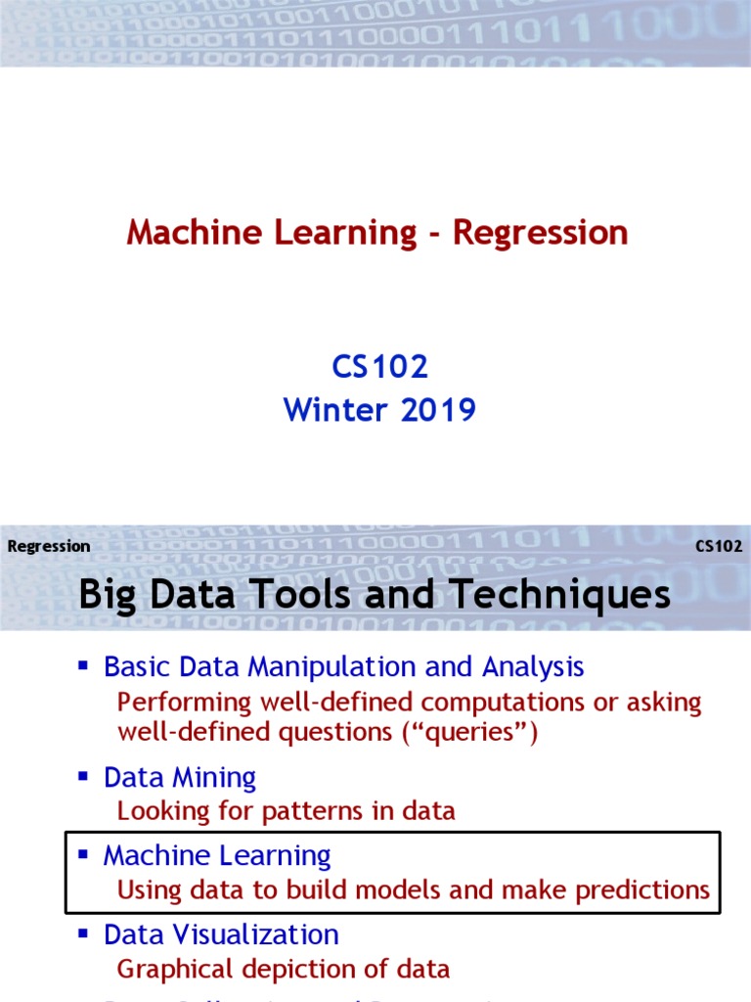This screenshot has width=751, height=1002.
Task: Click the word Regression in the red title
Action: pyautogui.click(x=540, y=233)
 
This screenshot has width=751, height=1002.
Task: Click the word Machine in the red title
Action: pyautogui.click(x=189, y=233)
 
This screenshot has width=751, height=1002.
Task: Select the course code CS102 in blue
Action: pyautogui.click(x=379, y=367)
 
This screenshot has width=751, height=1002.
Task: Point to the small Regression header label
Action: pyautogui.click(x=49, y=546)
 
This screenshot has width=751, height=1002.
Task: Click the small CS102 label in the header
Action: pyautogui.click(x=719, y=546)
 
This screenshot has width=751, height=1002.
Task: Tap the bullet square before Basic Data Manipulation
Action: pyautogui.click(x=83, y=666)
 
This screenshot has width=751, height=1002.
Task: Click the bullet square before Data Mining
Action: pyautogui.click(x=83, y=777)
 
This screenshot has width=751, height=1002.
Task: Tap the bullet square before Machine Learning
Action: pyautogui.click(x=83, y=854)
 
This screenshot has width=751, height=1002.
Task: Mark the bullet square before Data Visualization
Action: pyautogui.click(x=83, y=934)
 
